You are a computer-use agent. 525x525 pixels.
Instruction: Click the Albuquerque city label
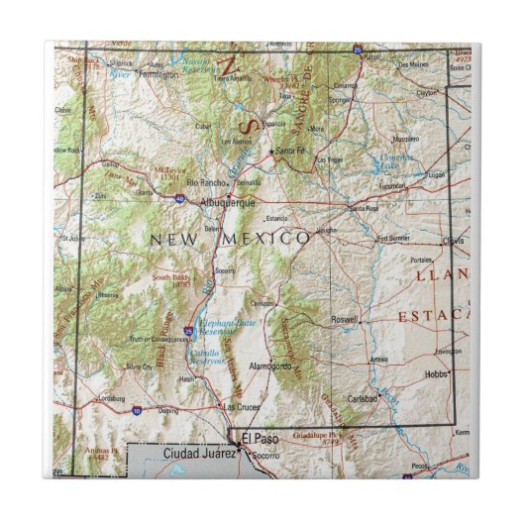(227, 202)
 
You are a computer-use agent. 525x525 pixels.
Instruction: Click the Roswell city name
(344, 320)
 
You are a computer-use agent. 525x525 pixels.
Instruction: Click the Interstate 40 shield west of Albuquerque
(179, 198)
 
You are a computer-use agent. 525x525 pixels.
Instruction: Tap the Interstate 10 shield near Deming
(136, 408)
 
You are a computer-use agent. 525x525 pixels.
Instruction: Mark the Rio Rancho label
(203, 182)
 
